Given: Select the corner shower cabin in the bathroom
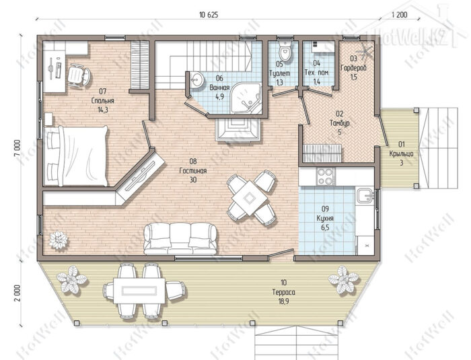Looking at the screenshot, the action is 246,98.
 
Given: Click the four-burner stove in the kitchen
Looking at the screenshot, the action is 326,176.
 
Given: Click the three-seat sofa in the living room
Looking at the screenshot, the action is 180,239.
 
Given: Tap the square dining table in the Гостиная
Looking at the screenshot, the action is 249,198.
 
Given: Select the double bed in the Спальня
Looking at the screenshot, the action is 75,156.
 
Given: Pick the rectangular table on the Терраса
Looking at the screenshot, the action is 139,291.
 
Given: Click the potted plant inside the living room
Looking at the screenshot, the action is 59,240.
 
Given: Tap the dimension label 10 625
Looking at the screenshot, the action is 208,15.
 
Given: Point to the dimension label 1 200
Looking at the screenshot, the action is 400,15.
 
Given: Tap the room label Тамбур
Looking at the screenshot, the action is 339,123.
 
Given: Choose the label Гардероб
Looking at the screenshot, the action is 353,68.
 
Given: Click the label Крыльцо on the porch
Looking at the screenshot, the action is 401,153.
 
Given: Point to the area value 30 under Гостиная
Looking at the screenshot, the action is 193,180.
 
